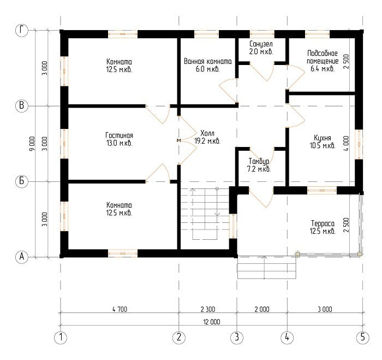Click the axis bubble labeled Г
click(x=22, y=31)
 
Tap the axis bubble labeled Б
click(x=22, y=181)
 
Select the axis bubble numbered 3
click(x=237, y=337)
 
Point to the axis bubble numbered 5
click(x=362, y=337)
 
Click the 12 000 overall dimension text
click(x=212, y=322)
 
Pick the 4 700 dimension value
click(x=120, y=309)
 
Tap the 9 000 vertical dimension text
click(x=32, y=144)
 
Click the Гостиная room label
click(x=119, y=135)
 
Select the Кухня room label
click(x=323, y=138)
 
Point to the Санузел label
click(x=261, y=44)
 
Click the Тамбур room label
click(x=259, y=161)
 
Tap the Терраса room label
click(x=323, y=223)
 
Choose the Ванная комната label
click(x=207, y=61)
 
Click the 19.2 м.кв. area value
click(x=207, y=141)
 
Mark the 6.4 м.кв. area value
click(x=323, y=69)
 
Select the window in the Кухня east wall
click(x=359, y=144)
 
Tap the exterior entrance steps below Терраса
click(x=266, y=267)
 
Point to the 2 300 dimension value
click(x=208, y=309)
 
